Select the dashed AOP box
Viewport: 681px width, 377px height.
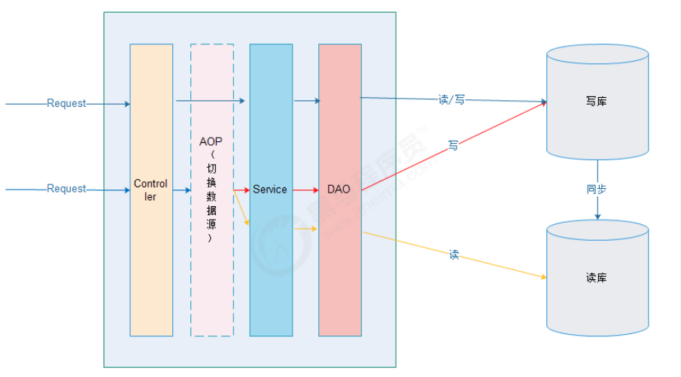click(211, 286)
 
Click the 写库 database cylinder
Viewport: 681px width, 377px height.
click(597, 128)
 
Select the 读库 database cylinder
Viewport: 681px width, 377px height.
click(597, 301)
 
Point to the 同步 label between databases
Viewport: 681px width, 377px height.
click(597, 189)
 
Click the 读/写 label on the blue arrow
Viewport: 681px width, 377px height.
click(451, 99)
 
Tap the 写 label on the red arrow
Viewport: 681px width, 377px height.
click(453, 145)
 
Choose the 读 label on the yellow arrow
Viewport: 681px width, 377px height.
click(454, 255)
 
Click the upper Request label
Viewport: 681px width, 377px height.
click(66, 103)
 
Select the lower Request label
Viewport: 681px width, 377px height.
click(66, 189)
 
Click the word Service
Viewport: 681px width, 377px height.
click(270, 190)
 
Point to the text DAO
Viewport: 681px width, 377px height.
click(339, 190)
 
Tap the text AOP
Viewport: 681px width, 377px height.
click(211, 141)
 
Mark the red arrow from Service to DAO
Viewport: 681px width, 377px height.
click(306, 190)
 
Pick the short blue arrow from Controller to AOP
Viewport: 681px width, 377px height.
click(182, 190)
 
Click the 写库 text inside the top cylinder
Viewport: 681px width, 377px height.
click(596, 101)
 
